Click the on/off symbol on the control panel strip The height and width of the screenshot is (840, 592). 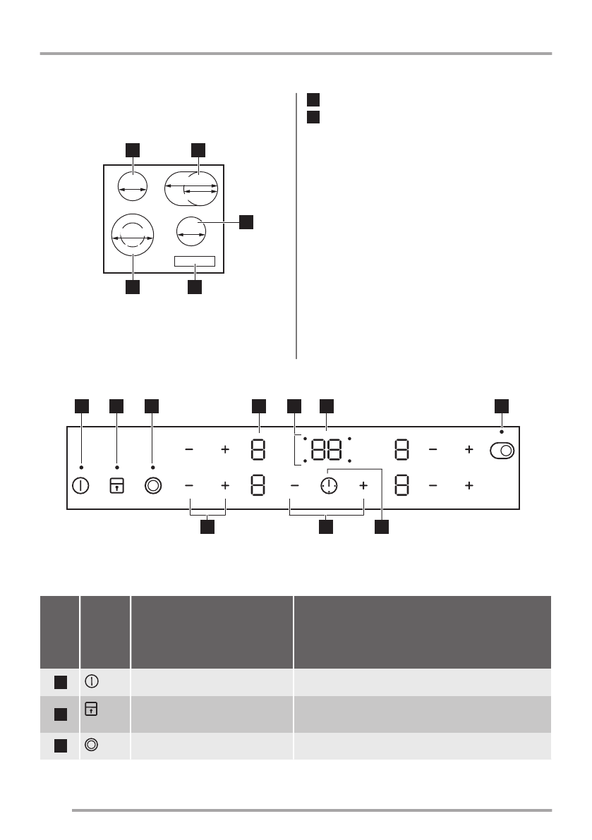80,487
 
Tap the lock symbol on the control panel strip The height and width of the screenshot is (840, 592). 117,487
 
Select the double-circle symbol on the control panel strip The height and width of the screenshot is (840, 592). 153,487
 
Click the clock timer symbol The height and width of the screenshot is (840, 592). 329,487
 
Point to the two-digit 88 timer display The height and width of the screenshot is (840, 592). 327,449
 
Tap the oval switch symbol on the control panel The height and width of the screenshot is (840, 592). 502,449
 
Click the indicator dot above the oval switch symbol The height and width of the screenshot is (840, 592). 502,431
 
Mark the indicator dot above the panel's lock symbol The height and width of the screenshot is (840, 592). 117,467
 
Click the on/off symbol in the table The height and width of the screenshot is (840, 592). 92,681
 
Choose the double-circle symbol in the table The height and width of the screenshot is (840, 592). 92,744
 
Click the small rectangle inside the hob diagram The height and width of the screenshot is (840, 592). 194,262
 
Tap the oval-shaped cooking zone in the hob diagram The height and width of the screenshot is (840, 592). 192,188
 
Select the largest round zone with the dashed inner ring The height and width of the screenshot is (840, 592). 132,233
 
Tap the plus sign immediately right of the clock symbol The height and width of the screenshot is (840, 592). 363,487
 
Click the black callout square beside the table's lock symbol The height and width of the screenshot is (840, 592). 61,714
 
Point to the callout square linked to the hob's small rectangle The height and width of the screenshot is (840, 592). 195,287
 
